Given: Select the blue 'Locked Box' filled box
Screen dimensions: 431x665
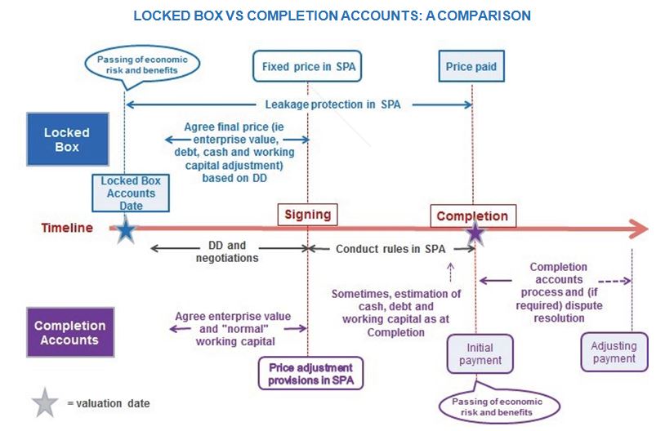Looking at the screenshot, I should tap(66, 140).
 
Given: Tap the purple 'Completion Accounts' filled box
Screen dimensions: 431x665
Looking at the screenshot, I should tap(69, 333).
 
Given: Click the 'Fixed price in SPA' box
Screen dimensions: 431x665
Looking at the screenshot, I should tap(308, 66).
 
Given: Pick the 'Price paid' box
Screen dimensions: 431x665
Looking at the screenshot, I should tap(471, 66).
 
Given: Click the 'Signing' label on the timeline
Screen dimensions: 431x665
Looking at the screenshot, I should tap(308, 215).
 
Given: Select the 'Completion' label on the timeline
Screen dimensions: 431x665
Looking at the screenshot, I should tap(472, 216).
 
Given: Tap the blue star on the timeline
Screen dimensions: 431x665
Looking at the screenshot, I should tap(125, 230).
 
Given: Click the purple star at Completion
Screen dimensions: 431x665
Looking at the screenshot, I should tap(475, 233).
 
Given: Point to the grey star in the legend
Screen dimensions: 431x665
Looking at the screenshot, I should tap(45, 402).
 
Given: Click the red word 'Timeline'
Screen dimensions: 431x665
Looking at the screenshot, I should tap(67, 228).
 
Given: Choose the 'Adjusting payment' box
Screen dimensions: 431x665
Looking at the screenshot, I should tap(614, 353).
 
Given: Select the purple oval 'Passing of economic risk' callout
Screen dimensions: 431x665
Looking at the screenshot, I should tap(499, 406).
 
